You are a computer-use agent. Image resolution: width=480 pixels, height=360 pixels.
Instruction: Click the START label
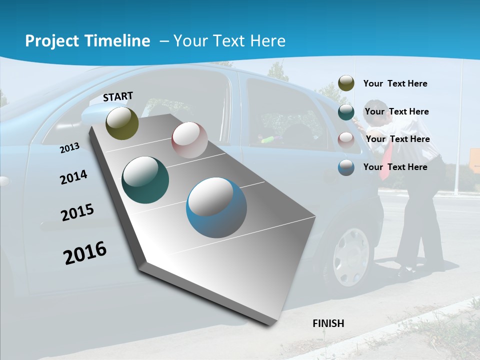(118, 96)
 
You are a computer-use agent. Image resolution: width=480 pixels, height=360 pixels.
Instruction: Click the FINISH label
(328, 323)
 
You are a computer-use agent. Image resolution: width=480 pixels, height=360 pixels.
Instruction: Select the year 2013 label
(69, 148)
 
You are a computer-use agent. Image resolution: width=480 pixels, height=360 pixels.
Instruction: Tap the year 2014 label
(73, 177)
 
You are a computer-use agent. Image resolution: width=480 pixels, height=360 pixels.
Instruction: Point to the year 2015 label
(77, 212)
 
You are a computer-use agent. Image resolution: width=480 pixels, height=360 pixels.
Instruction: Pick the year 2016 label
(85, 252)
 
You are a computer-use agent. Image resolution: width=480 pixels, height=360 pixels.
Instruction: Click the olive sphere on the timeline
(122, 123)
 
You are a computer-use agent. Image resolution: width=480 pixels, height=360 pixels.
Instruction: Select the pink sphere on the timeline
(189, 140)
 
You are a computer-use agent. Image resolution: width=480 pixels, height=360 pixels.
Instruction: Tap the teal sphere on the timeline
(145, 180)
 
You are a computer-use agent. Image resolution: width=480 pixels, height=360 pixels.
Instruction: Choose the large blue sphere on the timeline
(216, 207)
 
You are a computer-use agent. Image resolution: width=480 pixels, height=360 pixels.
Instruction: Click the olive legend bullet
(346, 83)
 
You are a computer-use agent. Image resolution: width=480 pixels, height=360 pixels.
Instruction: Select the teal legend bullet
(346, 112)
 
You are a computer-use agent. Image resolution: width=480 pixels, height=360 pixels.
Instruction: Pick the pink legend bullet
(346, 139)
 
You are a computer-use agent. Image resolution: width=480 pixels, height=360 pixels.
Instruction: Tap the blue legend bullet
(346, 167)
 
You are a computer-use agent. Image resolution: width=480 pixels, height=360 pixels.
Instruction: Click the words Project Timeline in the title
(87, 41)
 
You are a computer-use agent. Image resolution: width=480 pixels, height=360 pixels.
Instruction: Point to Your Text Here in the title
(229, 41)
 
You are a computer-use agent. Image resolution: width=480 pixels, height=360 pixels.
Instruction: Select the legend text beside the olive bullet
(395, 83)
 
